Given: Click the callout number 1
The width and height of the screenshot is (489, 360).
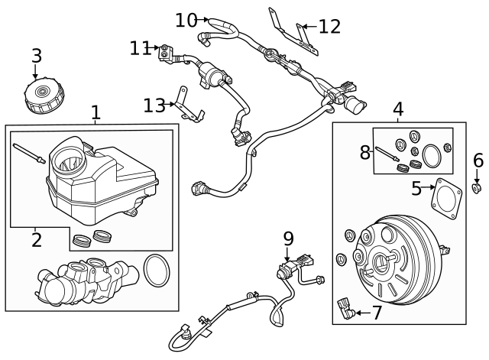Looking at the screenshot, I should click(96, 113).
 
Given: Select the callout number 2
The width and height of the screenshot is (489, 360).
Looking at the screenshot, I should click(36, 240).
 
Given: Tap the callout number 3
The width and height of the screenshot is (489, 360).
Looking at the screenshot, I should click(36, 56).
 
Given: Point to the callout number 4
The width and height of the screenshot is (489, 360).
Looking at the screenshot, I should click(398, 110).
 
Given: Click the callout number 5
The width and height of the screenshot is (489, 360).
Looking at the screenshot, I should click(416, 188).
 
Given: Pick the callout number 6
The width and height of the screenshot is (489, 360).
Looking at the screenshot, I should click(478, 161).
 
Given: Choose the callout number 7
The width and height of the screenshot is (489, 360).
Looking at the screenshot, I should click(377, 313).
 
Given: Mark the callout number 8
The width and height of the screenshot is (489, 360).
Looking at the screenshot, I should click(365, 152).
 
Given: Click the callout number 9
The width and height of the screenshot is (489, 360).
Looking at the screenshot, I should click(288, 238).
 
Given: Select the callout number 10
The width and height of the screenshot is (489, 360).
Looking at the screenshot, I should click(186, 20).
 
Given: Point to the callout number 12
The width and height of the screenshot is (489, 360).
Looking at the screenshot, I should click(329, 27).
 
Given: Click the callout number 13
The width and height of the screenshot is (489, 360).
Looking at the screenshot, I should click(154, 105).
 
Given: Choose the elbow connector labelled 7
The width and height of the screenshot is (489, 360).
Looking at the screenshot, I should click(345, 310).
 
